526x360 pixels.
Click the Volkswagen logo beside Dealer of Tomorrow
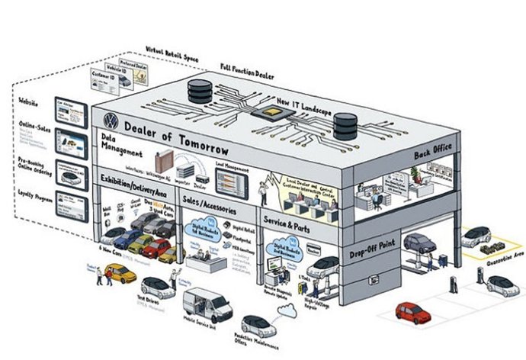click(x=110, y=121)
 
